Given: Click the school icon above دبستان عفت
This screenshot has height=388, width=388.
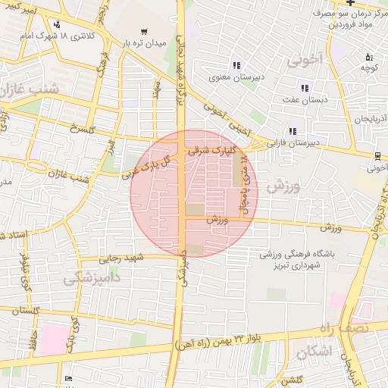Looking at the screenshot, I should [x=305, y=89].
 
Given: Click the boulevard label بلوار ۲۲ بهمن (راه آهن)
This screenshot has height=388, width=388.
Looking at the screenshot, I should [x=246, y=341].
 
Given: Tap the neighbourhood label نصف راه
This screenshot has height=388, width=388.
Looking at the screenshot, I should [x=365, y=327].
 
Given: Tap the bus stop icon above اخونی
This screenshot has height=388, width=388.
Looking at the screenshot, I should [x=377, y=156].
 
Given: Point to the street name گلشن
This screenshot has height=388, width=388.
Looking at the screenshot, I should [x=291, y=379].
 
